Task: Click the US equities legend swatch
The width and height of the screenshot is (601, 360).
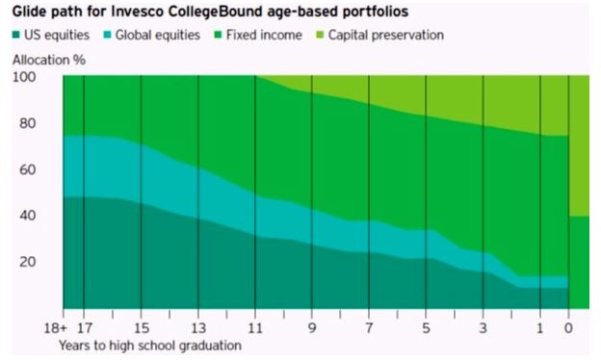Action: click(x=17, y=36)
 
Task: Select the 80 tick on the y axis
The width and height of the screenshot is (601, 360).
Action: click(x=29, y=123)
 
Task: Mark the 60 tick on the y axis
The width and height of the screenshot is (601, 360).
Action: click(x=29, y=169)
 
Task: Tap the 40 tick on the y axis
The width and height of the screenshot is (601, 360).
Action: click(x=29, y=216)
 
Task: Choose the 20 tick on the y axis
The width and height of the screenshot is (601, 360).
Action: click(x=29, y=262)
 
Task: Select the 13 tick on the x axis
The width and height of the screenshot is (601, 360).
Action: click(x=198, y=327)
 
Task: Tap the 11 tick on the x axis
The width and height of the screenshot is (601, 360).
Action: click(x=255, y=327)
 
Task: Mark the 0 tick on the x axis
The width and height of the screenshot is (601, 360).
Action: click(x=569, y=327)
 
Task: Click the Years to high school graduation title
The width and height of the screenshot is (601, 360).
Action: click(x=149, y=345)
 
